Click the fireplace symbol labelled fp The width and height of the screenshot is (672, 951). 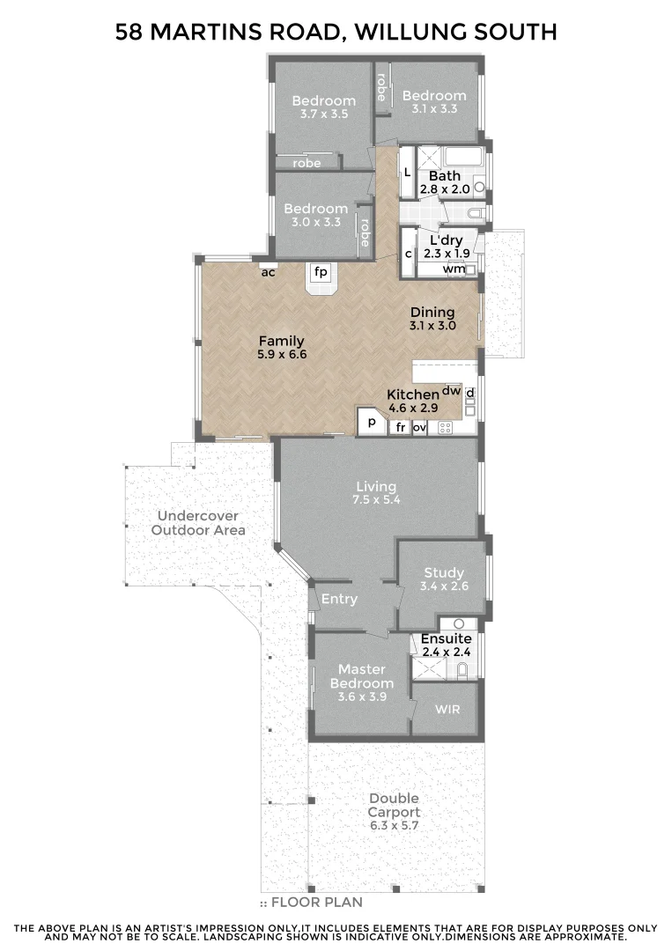click(x=321, y=273)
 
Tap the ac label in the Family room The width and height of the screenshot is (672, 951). click(x=269, y=272)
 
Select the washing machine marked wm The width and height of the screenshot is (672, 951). click(x=454, y=269)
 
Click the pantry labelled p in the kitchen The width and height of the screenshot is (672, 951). click(x=372, y=423)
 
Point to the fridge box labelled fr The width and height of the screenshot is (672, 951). click(x=400, y=428)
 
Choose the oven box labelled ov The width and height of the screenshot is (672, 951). click(x=420, y=428)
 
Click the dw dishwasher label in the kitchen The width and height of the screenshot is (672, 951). click(x=452, y=390)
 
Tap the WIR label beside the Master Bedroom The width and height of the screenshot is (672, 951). click(x=447, y=710)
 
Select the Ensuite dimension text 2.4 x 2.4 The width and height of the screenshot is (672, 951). click(x=447, y=652)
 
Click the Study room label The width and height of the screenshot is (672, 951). click(x=443, y=572)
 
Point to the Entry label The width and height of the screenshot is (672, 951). click(x=339, y=599)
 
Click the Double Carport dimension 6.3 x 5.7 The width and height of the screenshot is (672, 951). click(x=394, y=825)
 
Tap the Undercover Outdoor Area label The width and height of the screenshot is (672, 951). click(x=198, y=523)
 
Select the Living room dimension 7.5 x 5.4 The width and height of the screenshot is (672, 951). click(x=376, y=500)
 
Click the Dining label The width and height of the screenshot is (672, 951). click(x=432, y=312)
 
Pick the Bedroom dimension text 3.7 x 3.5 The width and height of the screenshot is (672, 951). click(x=324, y=114)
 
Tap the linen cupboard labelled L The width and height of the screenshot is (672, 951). click(x=406, y=171)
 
